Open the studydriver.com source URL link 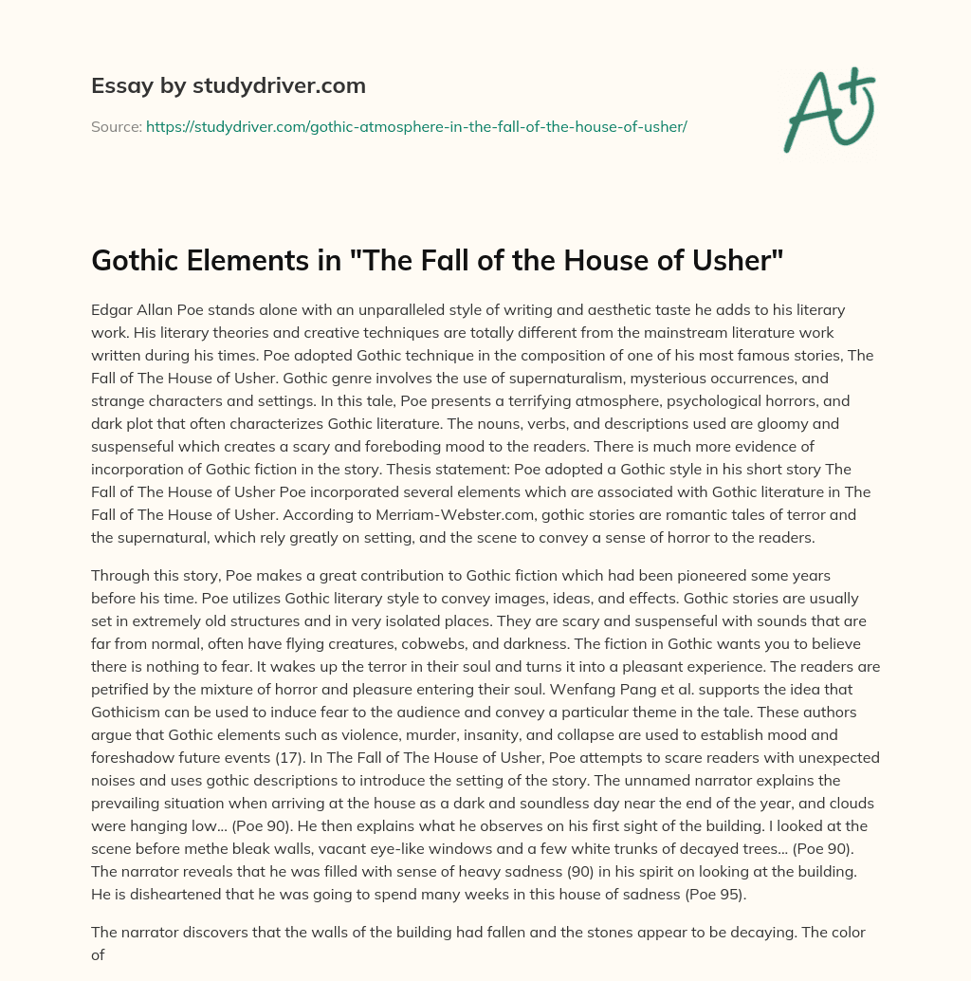[x=416, y=126]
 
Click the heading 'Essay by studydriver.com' [x=229, y=86]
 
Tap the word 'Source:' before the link [x=116, y=126]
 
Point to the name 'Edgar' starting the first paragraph [x=113, y=310]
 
